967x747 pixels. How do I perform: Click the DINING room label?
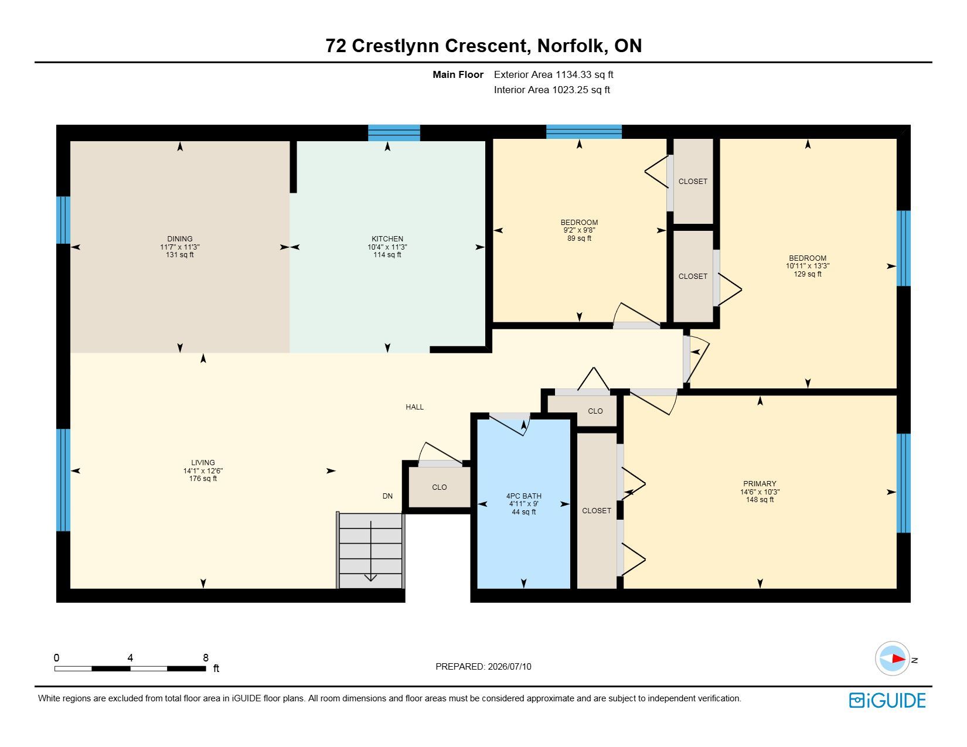180,239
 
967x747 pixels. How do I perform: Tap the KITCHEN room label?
387,239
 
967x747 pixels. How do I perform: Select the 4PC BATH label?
524,496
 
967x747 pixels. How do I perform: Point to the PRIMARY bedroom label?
760,483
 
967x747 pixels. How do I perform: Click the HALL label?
414,407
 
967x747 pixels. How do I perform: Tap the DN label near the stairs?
387,496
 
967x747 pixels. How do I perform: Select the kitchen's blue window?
394,132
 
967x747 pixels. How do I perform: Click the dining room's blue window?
63,220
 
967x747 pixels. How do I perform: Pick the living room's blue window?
63,480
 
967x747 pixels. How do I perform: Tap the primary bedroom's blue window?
903,483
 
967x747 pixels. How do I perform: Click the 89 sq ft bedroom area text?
579,238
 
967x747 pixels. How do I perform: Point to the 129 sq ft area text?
807,274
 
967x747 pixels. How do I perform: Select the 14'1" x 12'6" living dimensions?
203,470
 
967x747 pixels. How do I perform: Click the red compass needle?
898,659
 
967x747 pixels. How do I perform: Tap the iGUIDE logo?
887,700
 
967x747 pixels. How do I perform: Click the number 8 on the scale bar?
206,657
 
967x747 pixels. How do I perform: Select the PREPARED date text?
483,667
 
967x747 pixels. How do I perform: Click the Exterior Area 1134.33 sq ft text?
553,75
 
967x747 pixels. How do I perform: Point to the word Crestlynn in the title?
395,46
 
